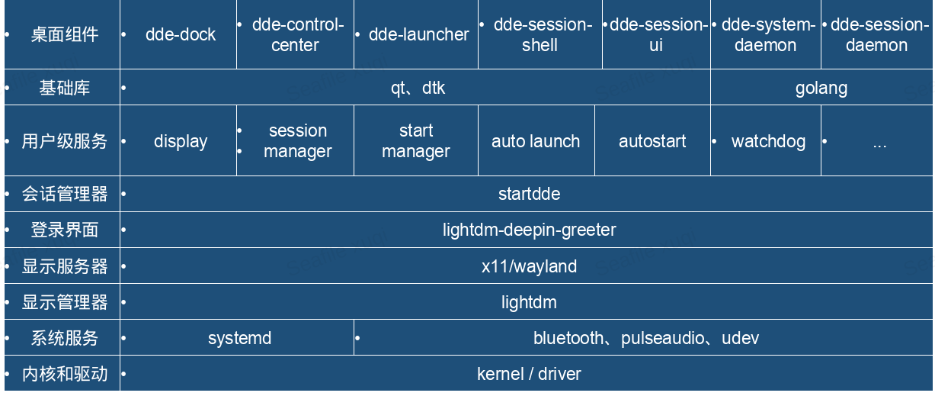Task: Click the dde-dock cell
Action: point(181,35)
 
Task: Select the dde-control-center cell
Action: point(297,35)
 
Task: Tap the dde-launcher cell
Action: point(418,35)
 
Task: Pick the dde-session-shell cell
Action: point(542,35)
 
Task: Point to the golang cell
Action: point(821,89)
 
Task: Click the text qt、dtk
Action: point(418,89)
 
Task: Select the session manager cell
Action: point(297,141)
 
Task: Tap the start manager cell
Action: point(416,141)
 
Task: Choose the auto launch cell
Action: point(536,142)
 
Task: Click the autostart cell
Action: point(652,142)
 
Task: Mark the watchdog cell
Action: point(768,142)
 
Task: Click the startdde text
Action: point(529,195)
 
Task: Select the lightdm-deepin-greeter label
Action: point(529,230)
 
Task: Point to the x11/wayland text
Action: point(529,266)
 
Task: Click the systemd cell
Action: point(239,338)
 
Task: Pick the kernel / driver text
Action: point(529,374)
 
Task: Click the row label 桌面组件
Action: point(64,35)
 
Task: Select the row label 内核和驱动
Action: point(64,374)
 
